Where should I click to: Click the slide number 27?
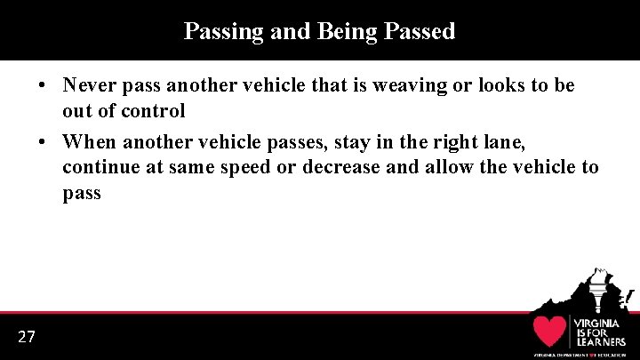pos(27,336)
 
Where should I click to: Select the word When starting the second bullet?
pos(90,140)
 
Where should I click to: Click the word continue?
pos(99,167)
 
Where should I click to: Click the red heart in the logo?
pos(549,332)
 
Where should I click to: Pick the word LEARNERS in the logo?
pos(598,341)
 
